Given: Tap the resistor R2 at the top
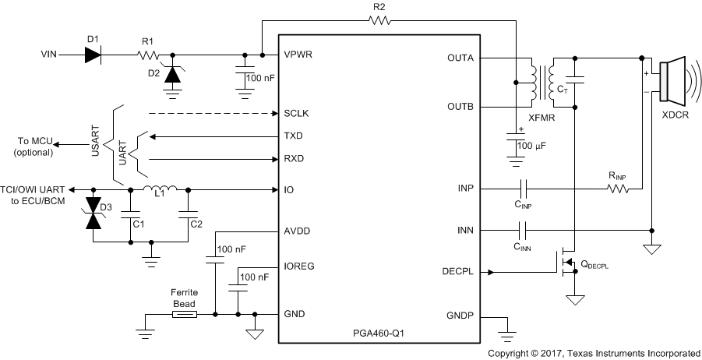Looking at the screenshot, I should pos(379,21).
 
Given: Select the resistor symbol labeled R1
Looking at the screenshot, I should pos(148,55).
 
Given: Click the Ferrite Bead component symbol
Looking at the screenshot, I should pos(185,314).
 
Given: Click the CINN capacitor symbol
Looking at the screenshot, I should pos(522,230).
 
